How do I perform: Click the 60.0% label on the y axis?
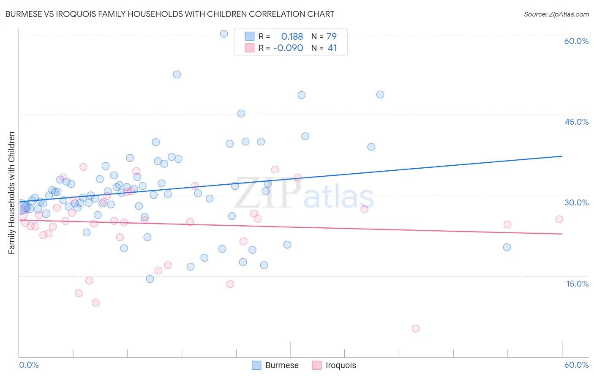click(x=576, y=41)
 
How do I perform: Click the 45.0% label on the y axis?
click(x=576, y=122)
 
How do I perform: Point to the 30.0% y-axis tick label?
click(x=576, y=202)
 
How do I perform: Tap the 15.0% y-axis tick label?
click(x=577, y=284)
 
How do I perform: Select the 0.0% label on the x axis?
click(x=29, y=365)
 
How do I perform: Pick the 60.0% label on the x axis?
click(x=576, y=365)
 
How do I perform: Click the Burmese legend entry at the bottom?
click(x=275, y=365)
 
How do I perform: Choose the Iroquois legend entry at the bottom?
click(x=334, y=365)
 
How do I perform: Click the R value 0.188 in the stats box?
click(x=292, y=37)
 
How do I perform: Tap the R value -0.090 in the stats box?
click(x=288, y=48)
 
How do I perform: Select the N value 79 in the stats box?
click(x=332, y=37)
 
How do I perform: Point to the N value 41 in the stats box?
click(x=332, y=48)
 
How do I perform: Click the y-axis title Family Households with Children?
click(x=12, y=193)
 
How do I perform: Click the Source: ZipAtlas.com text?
click(x=556, y=14)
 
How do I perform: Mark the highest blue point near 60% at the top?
click(x=224, y=34)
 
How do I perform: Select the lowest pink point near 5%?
click(x=415, y=328)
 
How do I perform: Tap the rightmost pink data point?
click(x=559, y=219)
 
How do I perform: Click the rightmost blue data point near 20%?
click(x=507, y=247)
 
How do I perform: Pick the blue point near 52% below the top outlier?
click(x=177, y=74)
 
